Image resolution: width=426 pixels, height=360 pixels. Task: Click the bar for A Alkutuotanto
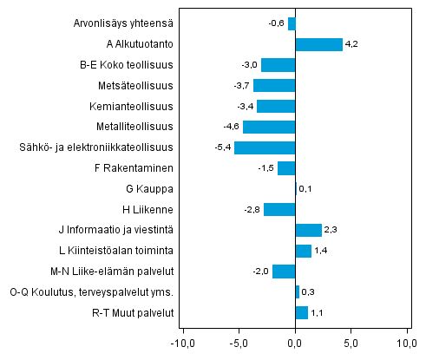coord(318,44)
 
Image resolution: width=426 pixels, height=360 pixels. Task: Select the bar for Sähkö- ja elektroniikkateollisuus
coord(265,147)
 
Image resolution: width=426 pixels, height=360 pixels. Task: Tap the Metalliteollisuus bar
coord(269,127)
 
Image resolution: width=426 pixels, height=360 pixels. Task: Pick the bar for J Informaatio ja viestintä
coord(308,230)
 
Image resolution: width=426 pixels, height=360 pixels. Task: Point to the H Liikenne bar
coord(279,209)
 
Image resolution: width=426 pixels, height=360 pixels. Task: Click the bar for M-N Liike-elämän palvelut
coord(284,272)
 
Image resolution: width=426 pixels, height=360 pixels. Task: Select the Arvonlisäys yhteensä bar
coord(292,23)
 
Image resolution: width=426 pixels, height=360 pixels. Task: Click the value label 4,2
coord(351,44)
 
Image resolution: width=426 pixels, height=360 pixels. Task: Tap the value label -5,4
coord(223,147)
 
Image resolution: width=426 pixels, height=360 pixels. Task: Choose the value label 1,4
coord(320,251)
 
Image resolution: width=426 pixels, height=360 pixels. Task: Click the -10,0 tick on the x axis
coord(183,340)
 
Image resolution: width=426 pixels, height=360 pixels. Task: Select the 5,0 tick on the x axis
coord(351,340)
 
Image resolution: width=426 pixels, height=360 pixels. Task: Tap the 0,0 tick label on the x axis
coord(296,340)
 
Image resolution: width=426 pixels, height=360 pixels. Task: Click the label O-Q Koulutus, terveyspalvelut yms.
coord(97,291)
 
